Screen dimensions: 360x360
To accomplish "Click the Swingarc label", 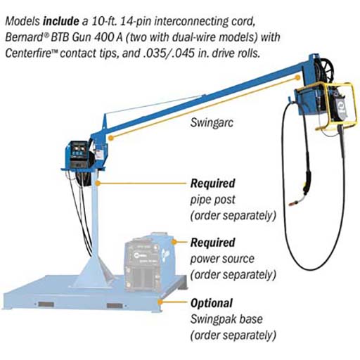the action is [x=212, y=122].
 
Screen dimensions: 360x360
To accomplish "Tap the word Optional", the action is [x=212, y=303].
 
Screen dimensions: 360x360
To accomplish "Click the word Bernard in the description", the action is [x=23, y=37].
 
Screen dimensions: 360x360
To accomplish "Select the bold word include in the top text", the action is [x=61, y=21].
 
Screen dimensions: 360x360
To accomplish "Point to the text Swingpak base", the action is [x=226, y=319].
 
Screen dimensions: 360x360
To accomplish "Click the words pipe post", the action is [x=212, y=200].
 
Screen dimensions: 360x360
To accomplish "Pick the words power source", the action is [x=222, y=259].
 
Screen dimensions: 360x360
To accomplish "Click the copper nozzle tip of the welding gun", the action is [x=292, y=203].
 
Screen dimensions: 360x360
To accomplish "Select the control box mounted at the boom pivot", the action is [x=77, y=154].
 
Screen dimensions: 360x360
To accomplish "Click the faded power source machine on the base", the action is [x=150, y=262].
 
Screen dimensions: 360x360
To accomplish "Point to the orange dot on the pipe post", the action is [x=98, y=183].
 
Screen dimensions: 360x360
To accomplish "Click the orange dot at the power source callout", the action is [x=174, y=242].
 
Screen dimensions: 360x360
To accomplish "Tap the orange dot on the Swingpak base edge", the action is [x=160, y=302].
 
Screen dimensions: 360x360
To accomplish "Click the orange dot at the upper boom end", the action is [x=298, y=77].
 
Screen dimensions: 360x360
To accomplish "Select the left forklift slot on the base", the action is [x=46, y=304].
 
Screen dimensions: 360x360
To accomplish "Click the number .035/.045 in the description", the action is [x=169, y=53].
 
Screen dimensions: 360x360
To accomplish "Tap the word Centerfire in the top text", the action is [x=28, y=53].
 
